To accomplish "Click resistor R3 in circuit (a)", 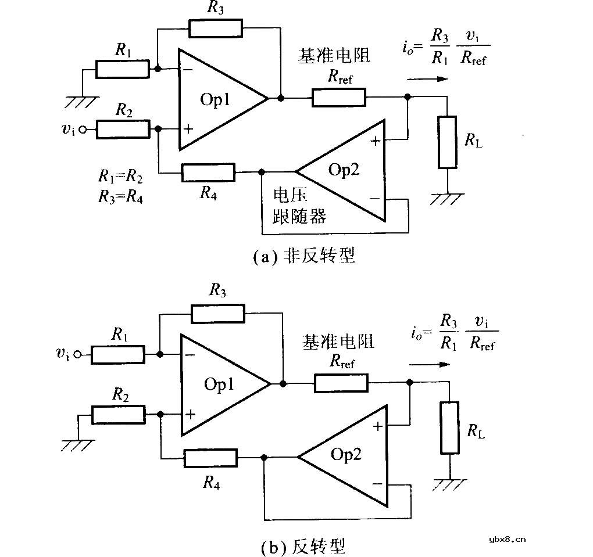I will click(x=215, y=27).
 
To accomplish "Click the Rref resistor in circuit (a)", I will click(x=339, y=98).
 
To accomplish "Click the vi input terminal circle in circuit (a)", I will click(x=83, y=130).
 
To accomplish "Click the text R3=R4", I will click(x=120, y=196).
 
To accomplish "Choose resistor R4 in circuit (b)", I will click(x=210, y=458).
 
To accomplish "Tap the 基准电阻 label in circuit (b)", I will click(x=338, y=342).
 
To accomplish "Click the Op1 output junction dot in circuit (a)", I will click(x=281, y=98).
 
